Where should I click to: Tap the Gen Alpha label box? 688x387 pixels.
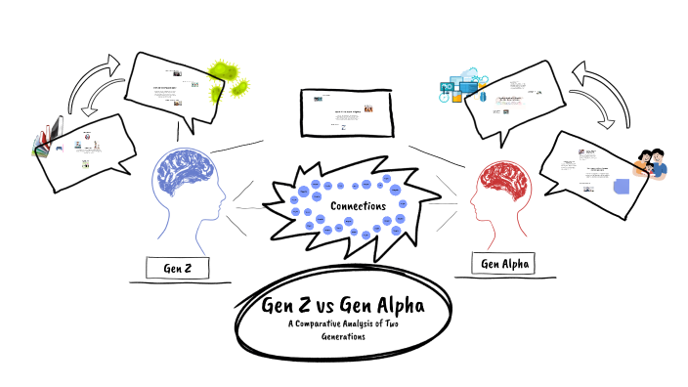point(503,264)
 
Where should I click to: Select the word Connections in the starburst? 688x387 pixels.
point(359,206)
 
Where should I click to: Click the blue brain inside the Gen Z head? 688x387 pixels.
point(186,176)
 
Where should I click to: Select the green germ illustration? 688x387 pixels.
point(228,78)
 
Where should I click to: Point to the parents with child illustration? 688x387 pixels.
point(649,163)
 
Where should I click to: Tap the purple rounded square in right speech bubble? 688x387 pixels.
point(621,189)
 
